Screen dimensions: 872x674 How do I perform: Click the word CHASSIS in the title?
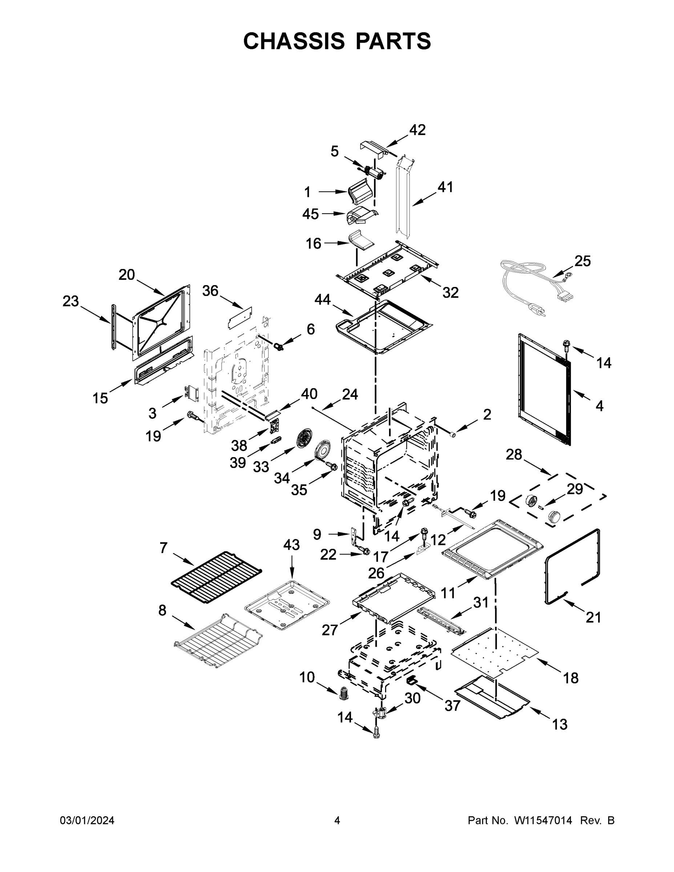click(x=294, y=41)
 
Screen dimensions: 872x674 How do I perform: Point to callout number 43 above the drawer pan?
click(x=291, y=545)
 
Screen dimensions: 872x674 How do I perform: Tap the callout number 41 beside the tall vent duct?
click(x=445, y=187)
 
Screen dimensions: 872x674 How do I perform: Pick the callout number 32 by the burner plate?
click(x=451, y=292)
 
